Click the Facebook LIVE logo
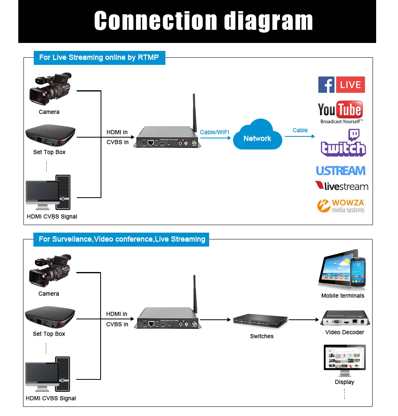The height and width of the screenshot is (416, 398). pyautogui.click(x=341, y=85)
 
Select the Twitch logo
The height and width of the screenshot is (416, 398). pyautogui.click(x=343, y=143)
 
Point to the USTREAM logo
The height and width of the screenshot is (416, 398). pyautogui.click(x=340, y=171)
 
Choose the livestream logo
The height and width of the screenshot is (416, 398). pyautogui.click(x=342, y=186)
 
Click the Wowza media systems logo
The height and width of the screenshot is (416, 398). pyautogui.click(x=341, y=206)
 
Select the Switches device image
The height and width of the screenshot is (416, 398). pyautogui.click(x=260, y=320)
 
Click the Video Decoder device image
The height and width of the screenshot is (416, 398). pyautogui.click(x=344, y=319)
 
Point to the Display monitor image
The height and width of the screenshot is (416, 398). pyautogui.click(x=344, y=360)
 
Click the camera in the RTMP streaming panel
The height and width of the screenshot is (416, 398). pyautogui.click(x=50, y=88)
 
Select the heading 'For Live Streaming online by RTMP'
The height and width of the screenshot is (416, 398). pyautogui.click(x=99, y=58)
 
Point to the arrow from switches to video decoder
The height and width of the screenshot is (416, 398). pyautogui.click(x=304, y=319)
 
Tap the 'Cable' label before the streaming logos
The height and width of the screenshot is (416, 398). pyautogui.click(x=300, y=130)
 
